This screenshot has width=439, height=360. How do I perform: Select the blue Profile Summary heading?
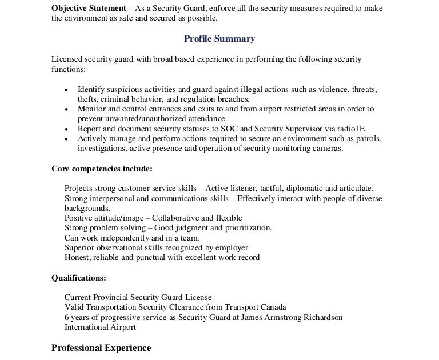(219, 39)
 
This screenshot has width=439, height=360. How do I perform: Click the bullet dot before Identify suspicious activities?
(67, 90)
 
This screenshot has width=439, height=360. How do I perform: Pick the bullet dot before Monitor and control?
(67, 109)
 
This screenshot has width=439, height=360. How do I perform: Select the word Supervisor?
(295, 129)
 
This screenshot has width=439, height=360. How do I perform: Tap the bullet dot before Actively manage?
(67, 139)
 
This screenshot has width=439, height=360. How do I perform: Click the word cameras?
(328, 149)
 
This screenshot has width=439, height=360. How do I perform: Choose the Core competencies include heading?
(102, 169)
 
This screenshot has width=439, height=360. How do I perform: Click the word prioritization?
(246, 227)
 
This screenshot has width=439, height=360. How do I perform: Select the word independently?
(118, 238)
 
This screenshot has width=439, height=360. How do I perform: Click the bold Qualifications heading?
(78, 278)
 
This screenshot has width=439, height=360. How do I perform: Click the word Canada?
(272, 307)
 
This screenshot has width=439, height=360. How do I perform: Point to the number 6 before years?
(67, 317)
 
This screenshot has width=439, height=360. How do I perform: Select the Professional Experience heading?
(101, 348)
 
